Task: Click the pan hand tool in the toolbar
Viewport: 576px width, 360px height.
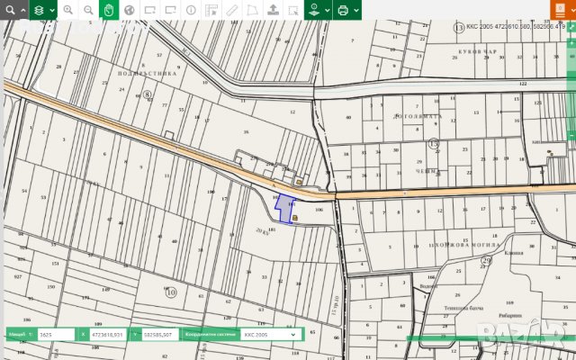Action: tap(109, 10)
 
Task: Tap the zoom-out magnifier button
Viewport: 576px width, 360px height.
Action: tap(88, 10)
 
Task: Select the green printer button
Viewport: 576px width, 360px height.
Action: tap(345, 10)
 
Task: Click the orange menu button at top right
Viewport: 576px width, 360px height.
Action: tap(562, 10)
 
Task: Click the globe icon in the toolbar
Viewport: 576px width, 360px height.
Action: tap(130, 10)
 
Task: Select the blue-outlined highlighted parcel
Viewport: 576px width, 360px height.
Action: tap(285, 209)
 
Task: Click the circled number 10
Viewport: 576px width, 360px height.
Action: tap(171, 291)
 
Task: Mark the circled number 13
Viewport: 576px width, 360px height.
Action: tap(458, 28)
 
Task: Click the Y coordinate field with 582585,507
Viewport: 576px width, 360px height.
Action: tap(157, 334)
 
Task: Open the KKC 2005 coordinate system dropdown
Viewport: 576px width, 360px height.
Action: tap(268, 334)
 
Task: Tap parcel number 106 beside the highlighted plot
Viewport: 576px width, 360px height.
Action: tap(319, 209)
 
